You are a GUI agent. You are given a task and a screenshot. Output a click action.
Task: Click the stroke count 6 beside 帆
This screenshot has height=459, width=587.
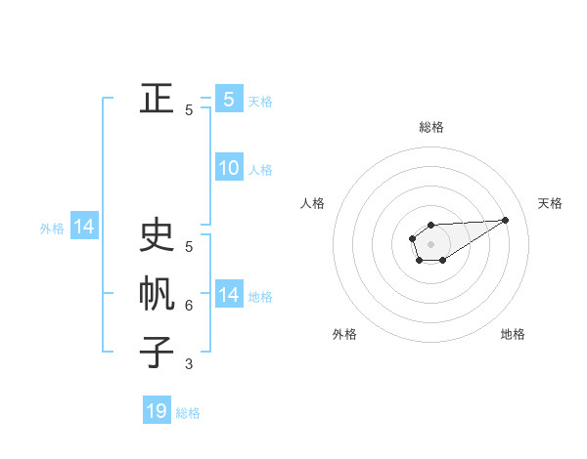189,306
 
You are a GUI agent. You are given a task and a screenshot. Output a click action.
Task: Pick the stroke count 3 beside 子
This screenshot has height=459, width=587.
189,363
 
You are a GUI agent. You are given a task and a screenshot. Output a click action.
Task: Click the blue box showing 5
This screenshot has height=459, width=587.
229,100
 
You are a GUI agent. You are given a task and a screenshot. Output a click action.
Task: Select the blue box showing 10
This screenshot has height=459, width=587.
229,168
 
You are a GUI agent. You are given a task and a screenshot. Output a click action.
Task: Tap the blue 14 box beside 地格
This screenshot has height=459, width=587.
229,295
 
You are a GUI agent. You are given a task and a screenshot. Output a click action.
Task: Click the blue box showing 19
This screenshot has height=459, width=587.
157,411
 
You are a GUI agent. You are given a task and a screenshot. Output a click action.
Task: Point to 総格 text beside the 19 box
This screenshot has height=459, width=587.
188,413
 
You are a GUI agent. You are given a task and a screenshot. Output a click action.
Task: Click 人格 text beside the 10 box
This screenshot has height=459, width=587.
260,170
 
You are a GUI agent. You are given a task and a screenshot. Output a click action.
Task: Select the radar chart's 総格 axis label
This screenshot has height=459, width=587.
431,127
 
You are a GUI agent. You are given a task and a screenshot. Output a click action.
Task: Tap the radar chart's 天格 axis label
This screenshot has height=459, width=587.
550,203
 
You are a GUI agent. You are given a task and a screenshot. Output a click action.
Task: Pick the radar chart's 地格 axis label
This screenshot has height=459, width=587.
513,334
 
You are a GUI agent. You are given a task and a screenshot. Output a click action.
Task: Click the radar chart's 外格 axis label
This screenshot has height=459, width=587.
344,334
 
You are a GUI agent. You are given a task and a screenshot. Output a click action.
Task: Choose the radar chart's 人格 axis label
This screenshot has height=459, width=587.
313,203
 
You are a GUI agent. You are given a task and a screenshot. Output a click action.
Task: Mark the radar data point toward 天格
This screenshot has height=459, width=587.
506,219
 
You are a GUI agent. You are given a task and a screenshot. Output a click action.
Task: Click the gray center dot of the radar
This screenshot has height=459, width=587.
431,243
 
